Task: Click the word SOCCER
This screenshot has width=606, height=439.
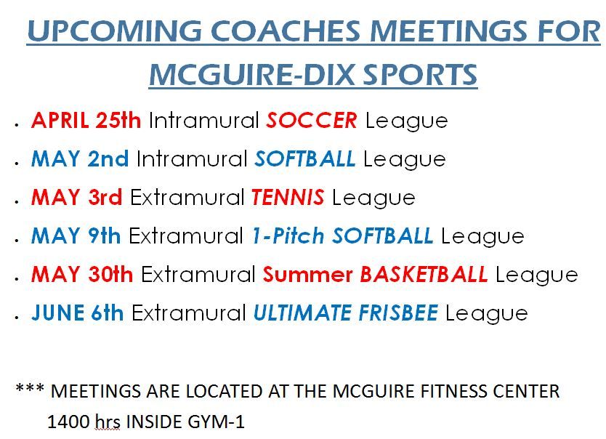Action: point(312,120)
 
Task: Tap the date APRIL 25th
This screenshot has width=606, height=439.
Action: point(86,120)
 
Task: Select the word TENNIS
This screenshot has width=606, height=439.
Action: point(288,197)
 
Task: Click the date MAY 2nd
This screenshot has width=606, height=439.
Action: point(80,159)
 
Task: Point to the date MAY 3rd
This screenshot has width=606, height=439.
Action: point(76,197)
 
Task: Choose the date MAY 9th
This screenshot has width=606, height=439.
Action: point(76,235)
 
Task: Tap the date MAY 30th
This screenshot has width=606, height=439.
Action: point(82,275)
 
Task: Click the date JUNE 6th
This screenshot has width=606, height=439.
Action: point(77,313)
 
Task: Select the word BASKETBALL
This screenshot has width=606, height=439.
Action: point(424,275)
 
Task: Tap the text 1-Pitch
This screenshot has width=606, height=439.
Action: point(288,235)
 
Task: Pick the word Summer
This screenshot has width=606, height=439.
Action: point(307,275)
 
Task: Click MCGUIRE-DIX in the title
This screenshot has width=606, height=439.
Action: point(251,74)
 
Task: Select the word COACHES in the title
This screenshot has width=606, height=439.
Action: point(286,31)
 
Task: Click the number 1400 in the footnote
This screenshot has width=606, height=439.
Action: point(69,422)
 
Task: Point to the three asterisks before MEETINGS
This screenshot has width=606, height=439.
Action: point(30,387)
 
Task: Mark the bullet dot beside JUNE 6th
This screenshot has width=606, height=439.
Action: point(17,318)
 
